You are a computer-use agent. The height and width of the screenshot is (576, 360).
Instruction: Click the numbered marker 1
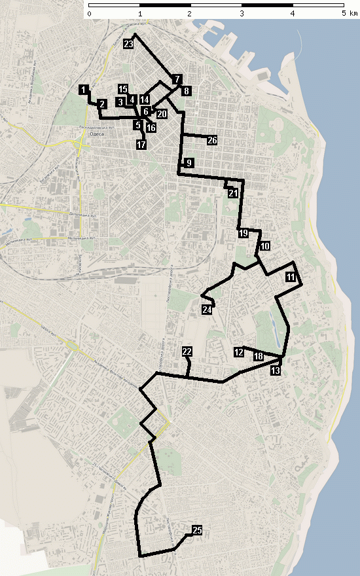[83, 89]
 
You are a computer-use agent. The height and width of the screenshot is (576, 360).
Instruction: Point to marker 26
[212, 141]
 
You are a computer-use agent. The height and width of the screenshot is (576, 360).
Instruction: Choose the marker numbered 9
[189, 162]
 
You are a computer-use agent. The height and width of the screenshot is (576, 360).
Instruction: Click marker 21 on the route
[233, 194]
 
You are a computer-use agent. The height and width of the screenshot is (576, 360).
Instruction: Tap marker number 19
[243, 233]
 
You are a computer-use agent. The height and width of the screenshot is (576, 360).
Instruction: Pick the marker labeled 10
[264, 247]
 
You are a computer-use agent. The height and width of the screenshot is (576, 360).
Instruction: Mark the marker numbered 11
[290, 278]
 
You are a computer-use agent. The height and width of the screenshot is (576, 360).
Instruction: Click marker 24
[207, 310]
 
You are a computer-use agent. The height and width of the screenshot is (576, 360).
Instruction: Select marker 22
[187, 352]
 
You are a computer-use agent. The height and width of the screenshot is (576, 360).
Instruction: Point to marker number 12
[238, 352]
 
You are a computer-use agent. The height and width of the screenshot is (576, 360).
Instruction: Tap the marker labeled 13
[275, 370]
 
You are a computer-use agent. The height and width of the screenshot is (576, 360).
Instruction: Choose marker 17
[141, 144]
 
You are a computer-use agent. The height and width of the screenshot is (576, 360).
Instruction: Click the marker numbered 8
[187, 91]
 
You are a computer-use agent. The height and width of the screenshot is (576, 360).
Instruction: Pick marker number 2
[102, 104]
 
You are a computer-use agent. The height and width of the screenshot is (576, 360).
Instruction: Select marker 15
[123, 88]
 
